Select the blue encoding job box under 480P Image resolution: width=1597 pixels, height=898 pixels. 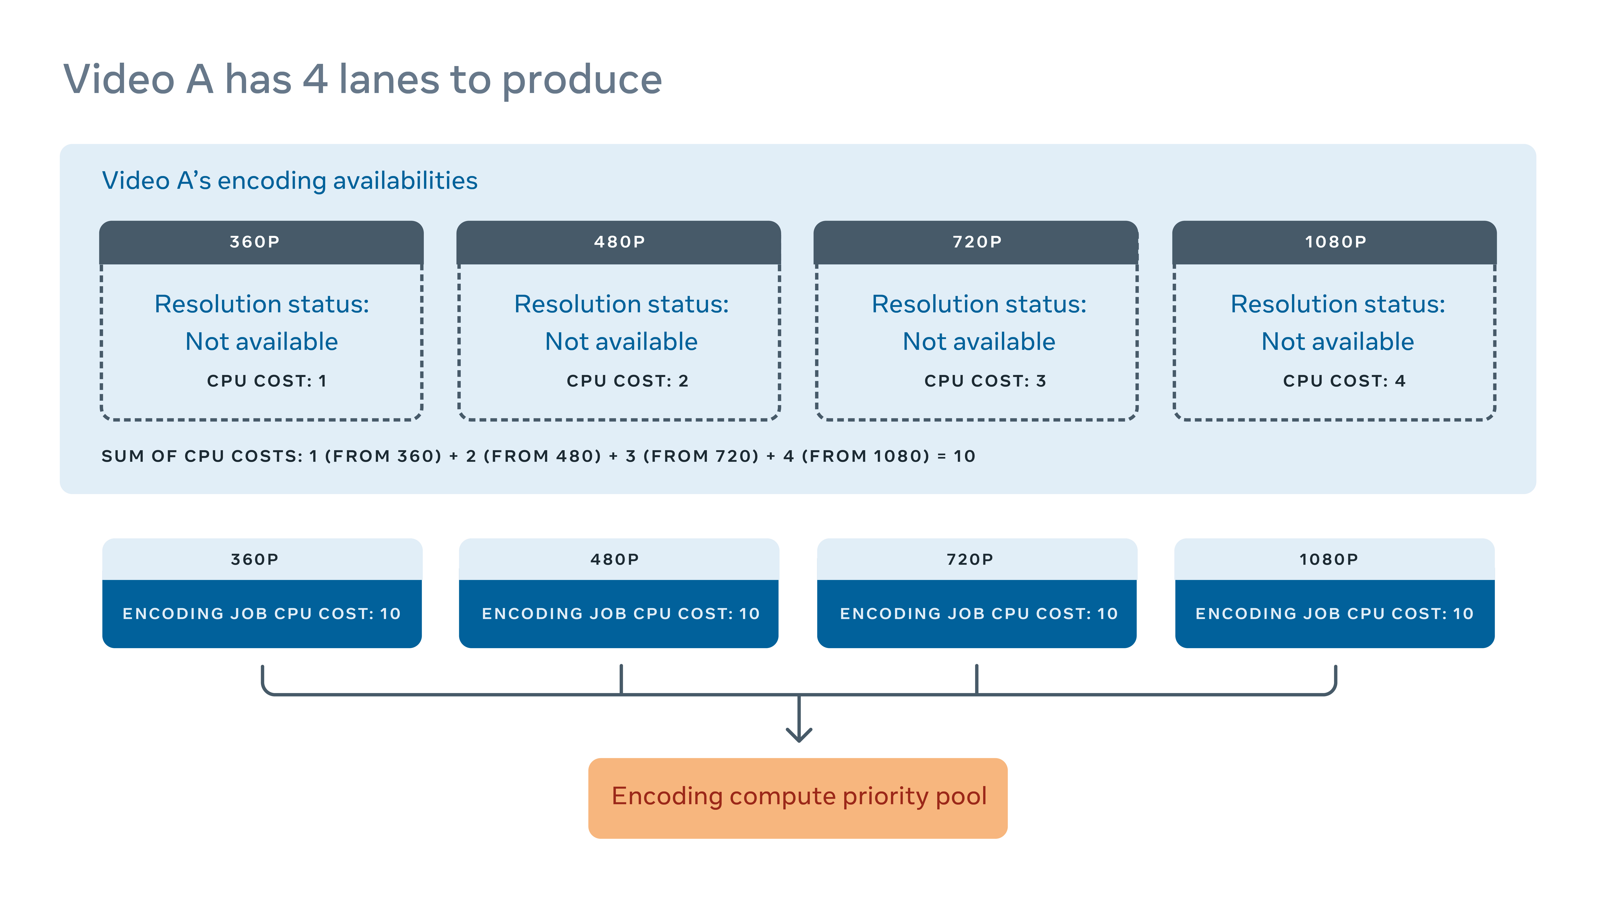tap(619, 614)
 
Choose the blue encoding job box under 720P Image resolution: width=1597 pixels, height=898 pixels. tap(976, 614)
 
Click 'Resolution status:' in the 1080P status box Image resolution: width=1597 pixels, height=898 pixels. tap(1337, 304)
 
